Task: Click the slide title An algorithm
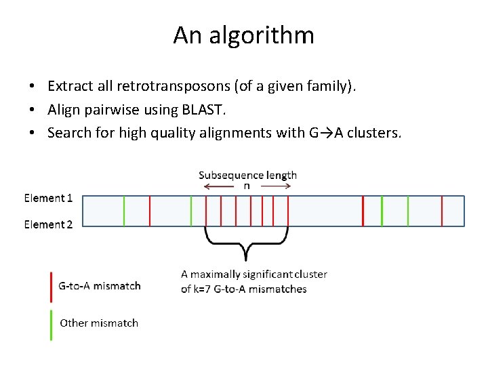pos(243,35)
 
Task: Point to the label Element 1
pos(48,198)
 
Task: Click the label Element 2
pos(48,224)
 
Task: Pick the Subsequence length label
pos(247,175)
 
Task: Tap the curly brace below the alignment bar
pos(247,244)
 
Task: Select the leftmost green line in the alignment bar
pos(124,211)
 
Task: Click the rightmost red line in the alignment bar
pos(442,211)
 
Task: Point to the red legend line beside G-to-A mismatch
pos(52,286)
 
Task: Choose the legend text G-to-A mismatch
pos(100,286)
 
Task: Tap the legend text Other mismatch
pos(99,323)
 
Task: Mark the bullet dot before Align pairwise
pos(33,110)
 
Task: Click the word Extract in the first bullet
pos(68,86)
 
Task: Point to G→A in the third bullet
pos(324,132)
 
